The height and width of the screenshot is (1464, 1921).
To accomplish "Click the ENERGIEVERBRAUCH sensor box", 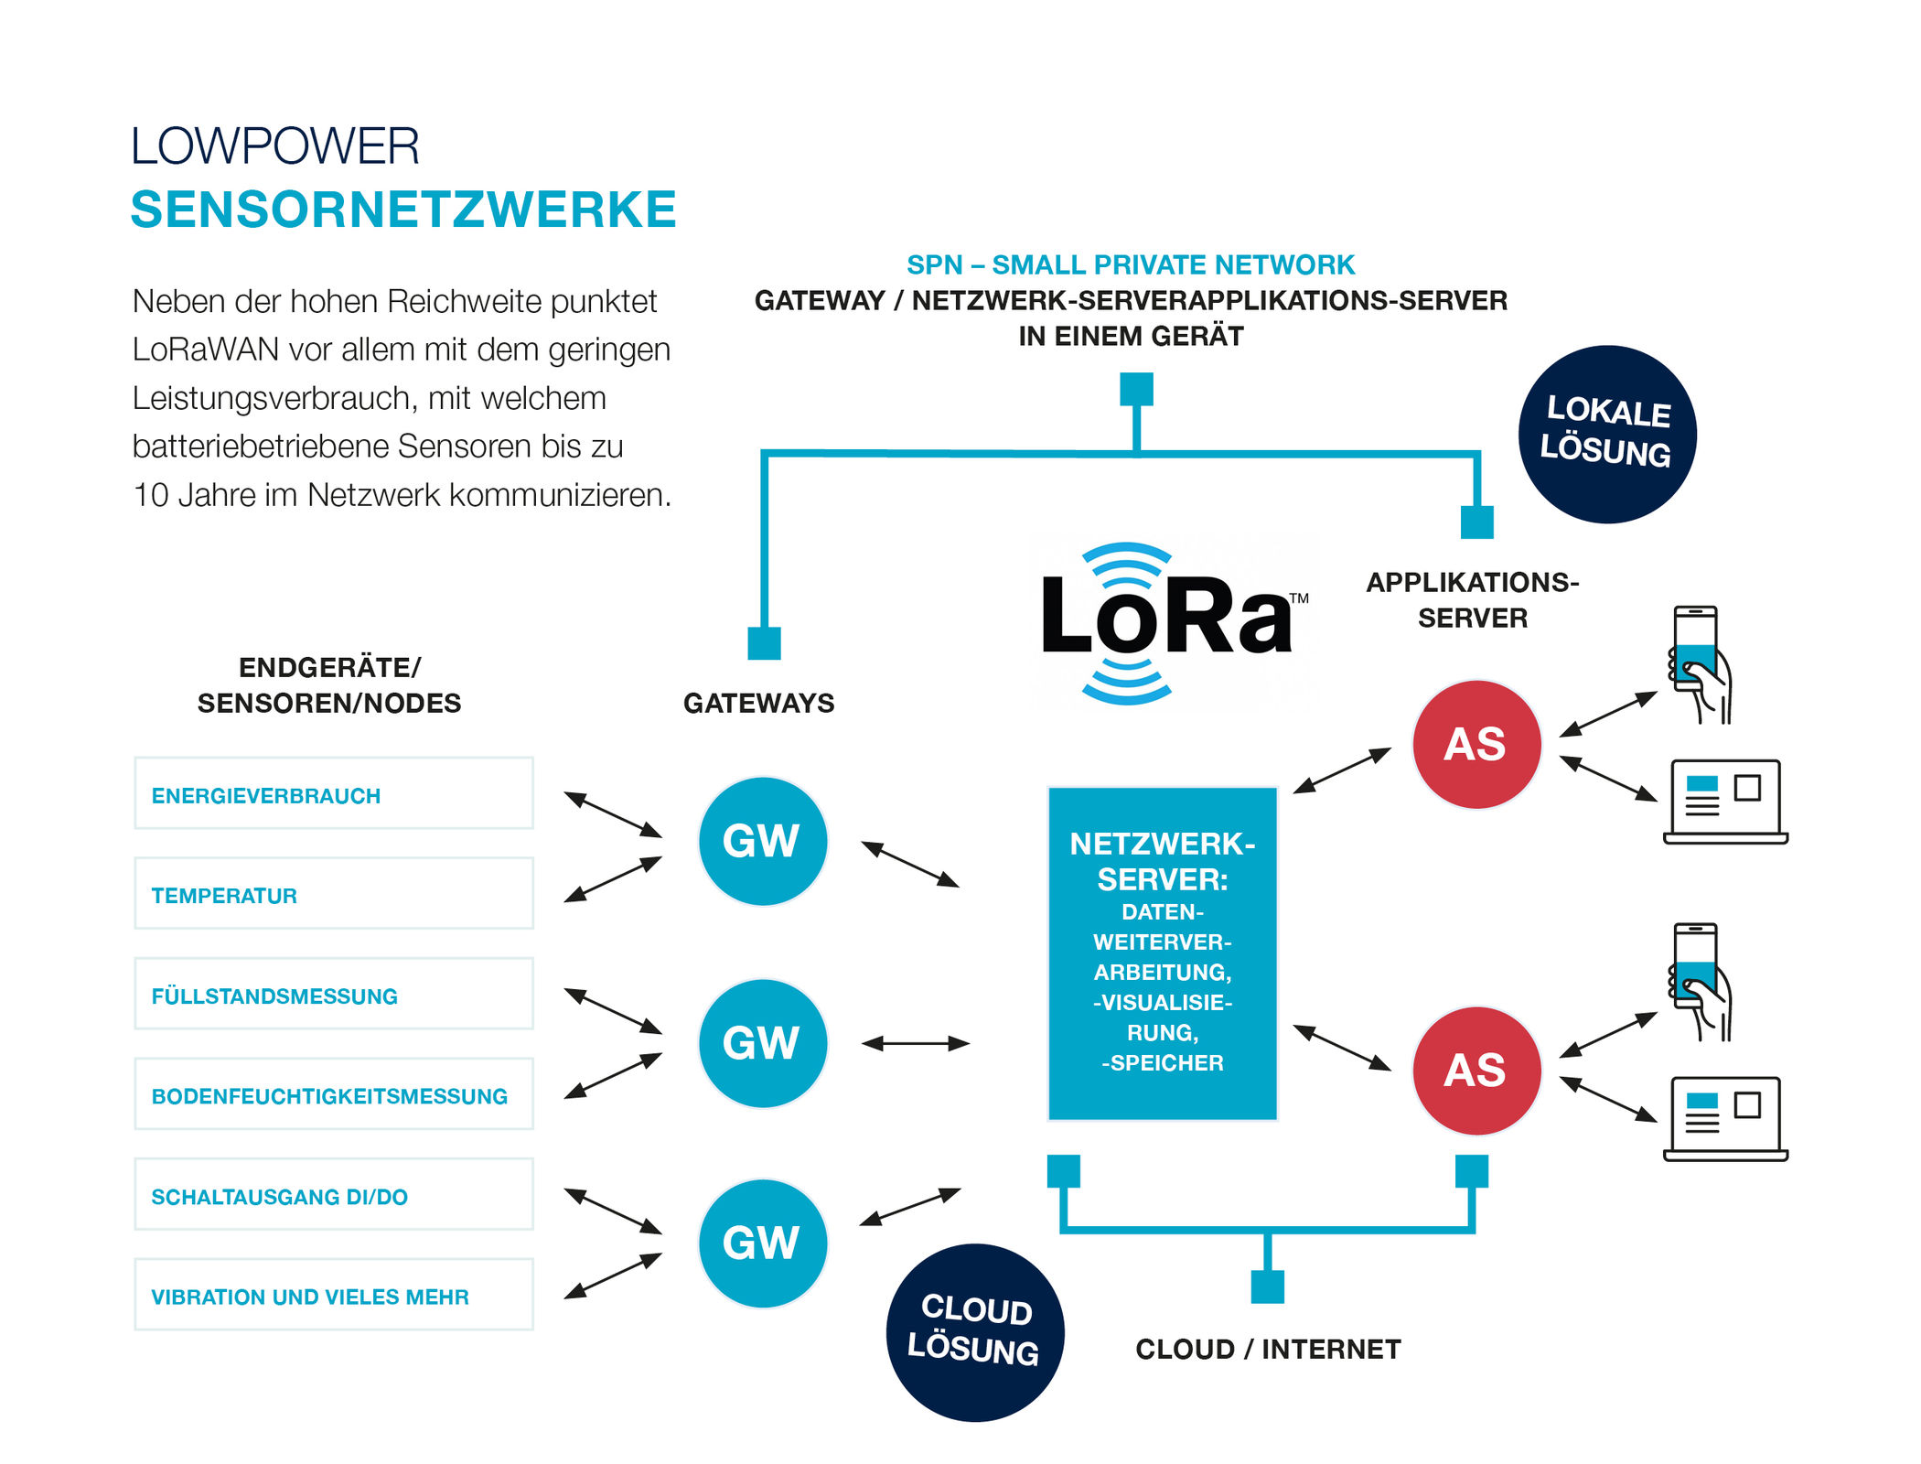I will pyautogui.click(x=334, y=794).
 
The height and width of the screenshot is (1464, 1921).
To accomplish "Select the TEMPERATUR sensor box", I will pyautogui.click(x=334, y=894).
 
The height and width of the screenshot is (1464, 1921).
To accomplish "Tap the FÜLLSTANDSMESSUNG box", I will pyautogui.click(x=334, y=995).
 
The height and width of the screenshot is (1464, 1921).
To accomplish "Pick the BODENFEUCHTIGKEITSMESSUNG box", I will pyautogui.click(x=334, y=1095).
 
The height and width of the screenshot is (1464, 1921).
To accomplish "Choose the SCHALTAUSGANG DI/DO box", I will pyautogui.click(x=334, y=1195).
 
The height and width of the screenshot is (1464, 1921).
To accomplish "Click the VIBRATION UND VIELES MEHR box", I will pyautogui.click(x=334, y=1296).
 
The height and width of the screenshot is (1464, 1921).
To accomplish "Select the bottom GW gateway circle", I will pyautogui.click(x=762, y=1243).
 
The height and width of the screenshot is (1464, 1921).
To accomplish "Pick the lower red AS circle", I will pyautogui.click(x=1476, y=1071).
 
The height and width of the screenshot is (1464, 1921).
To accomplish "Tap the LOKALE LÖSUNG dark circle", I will pyautogui.click(x=1607, y=435).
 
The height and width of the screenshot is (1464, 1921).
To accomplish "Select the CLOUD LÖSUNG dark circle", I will pyautogui.click(x=974, y=1332).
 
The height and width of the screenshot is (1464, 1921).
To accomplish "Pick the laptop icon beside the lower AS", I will pyautogui.click(x=1724, y=1118).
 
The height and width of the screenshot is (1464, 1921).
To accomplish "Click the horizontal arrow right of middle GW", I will pyautogui.click(x=915, y=1043).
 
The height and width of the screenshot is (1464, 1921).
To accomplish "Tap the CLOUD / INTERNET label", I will pyautogui.click(x=1268, y=1349).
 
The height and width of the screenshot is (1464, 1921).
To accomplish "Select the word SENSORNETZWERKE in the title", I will pyautogui.click(x=403, y=210).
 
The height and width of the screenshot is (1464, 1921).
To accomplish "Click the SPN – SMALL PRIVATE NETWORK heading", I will pyautogui.click(x=1130, y=264).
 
